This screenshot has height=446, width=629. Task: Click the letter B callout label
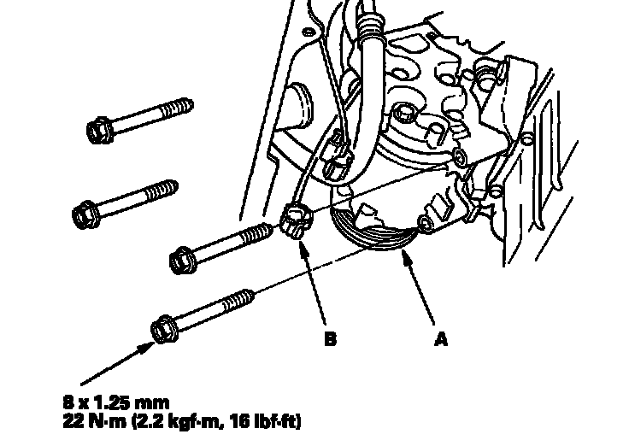[330, 339]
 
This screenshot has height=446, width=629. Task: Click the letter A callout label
[440, 339]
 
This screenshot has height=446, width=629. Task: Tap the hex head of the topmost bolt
[98, 130]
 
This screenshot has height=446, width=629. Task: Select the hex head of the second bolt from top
[85, 214]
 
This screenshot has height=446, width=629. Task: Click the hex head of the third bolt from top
[183, 260]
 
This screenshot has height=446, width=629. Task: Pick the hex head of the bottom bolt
[165, 329]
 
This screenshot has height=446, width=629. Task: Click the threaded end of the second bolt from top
[162, 191]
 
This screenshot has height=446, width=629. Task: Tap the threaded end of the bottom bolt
[238, 300]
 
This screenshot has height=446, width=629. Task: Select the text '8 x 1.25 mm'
[116, 402]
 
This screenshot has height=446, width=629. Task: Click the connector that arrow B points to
[296, 221]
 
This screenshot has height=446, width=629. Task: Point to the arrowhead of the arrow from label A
[407, 256]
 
